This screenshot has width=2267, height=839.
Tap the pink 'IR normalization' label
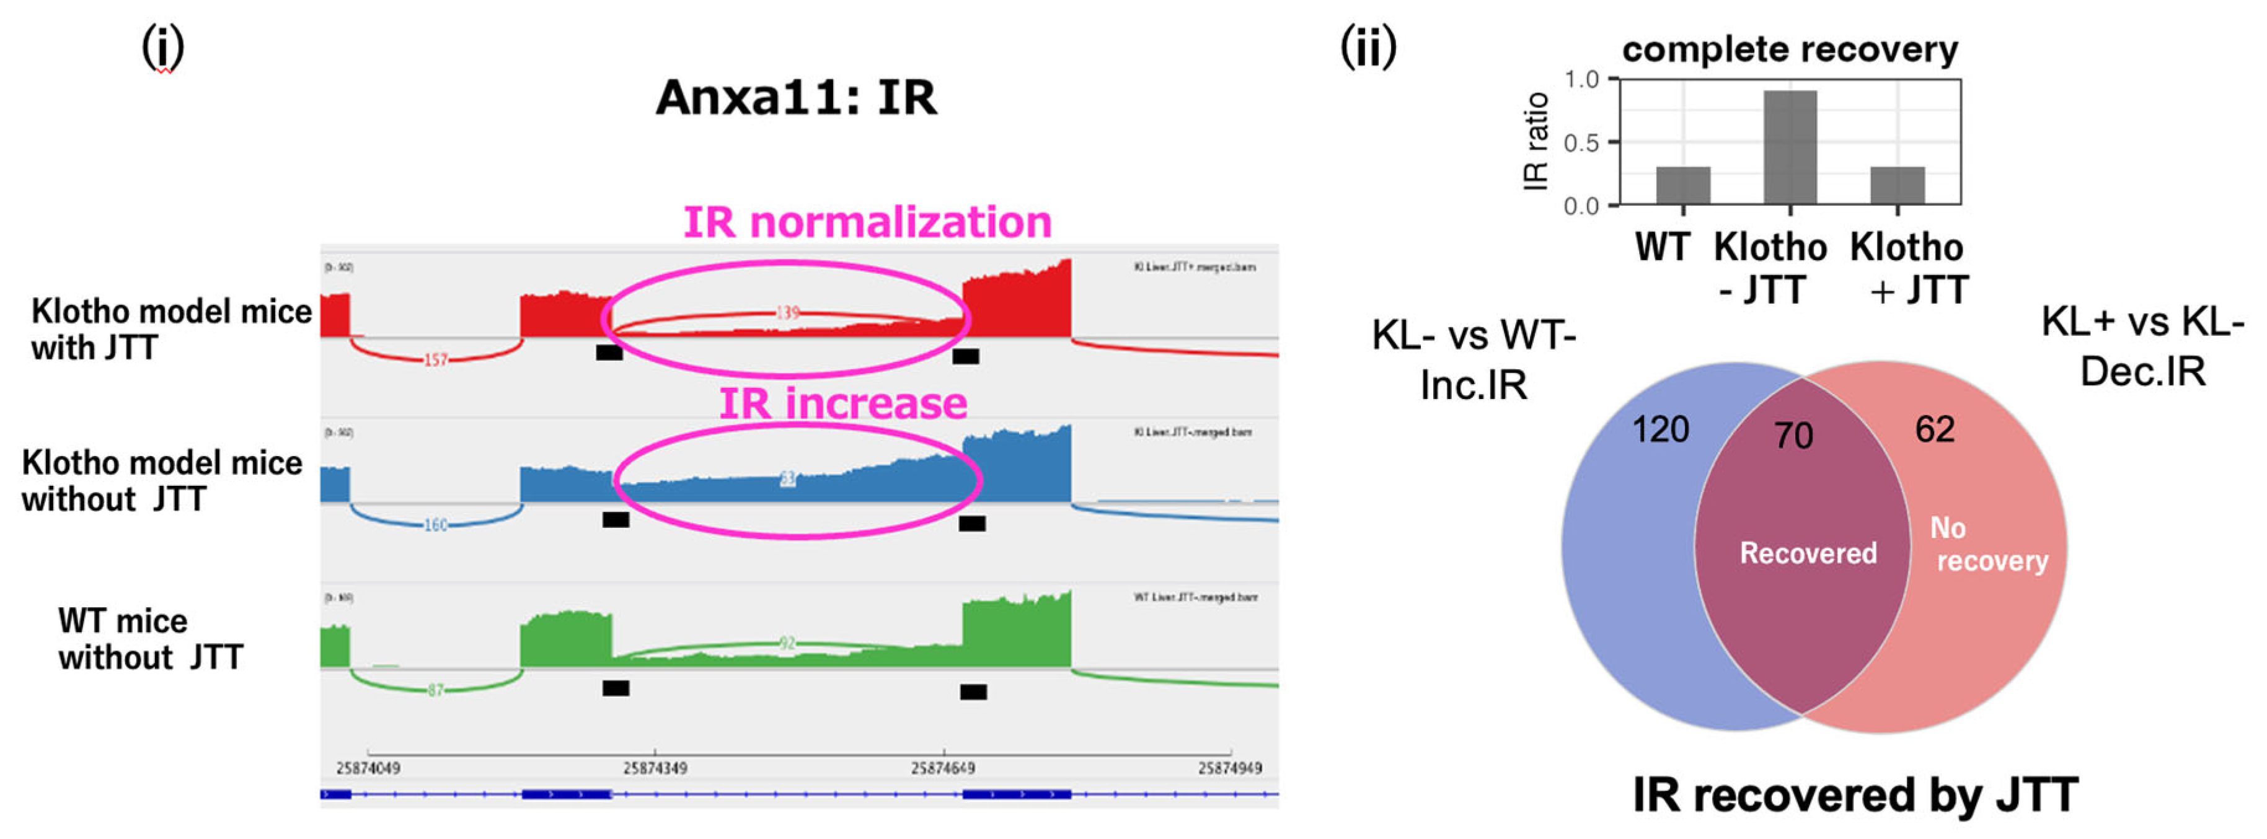click(x=867, y=222)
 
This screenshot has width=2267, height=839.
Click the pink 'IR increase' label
click(x=843, y=403)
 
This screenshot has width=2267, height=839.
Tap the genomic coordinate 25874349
click(x=655, y=768)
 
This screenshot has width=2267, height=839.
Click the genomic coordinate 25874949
click(x=1229, y=768)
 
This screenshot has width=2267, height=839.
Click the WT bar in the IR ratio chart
click(x=1682, y=185)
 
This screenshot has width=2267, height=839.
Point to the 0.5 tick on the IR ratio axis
click(x=1581, y=143)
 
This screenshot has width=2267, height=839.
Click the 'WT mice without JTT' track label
click(x=149, y=638)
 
